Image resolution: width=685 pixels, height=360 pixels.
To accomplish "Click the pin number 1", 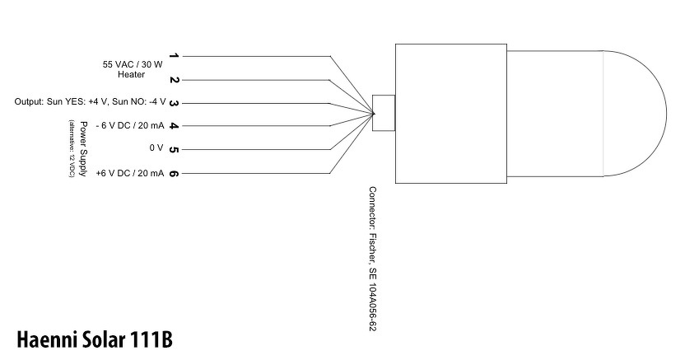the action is (174, 56).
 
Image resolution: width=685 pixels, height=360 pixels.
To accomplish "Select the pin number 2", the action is (174, 80).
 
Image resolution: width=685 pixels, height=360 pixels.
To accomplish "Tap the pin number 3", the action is (174, 103).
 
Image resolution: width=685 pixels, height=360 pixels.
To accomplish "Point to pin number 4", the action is (174, 126).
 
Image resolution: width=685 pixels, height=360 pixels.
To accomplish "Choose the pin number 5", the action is (174, 149).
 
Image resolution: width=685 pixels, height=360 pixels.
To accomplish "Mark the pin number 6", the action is (174, 173).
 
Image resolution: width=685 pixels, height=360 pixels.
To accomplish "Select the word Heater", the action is (131, 74).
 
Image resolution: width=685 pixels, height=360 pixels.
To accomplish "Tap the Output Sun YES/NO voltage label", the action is (90, 102).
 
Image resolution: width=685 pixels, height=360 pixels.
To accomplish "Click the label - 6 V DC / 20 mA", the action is (130, 126).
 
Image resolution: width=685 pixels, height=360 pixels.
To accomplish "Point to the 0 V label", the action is (157, 149).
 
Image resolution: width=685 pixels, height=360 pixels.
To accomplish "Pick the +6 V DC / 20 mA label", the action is (129, 173).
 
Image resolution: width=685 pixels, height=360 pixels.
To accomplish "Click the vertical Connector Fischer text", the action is (373, 258).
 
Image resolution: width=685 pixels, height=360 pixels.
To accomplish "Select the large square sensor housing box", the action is (450, 113).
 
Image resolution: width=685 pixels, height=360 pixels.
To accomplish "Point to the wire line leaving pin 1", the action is (255, 56).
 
